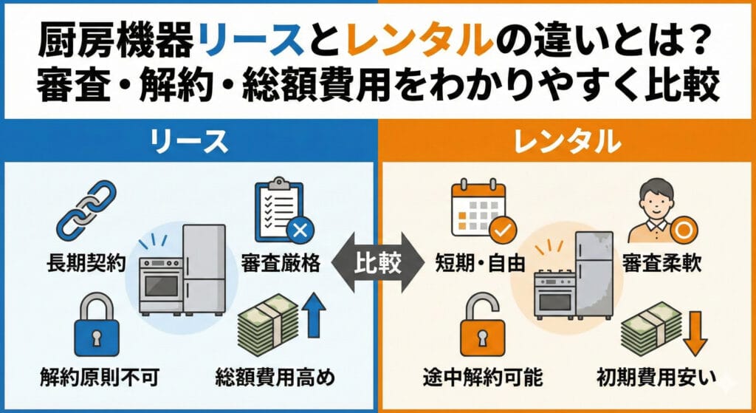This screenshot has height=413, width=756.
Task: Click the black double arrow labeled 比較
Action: coord(378,264)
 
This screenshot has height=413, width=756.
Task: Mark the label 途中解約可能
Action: coord(483,378)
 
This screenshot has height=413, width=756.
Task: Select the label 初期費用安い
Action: coord(656,378)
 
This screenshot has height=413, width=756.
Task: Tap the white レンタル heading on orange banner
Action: coord(566,141)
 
